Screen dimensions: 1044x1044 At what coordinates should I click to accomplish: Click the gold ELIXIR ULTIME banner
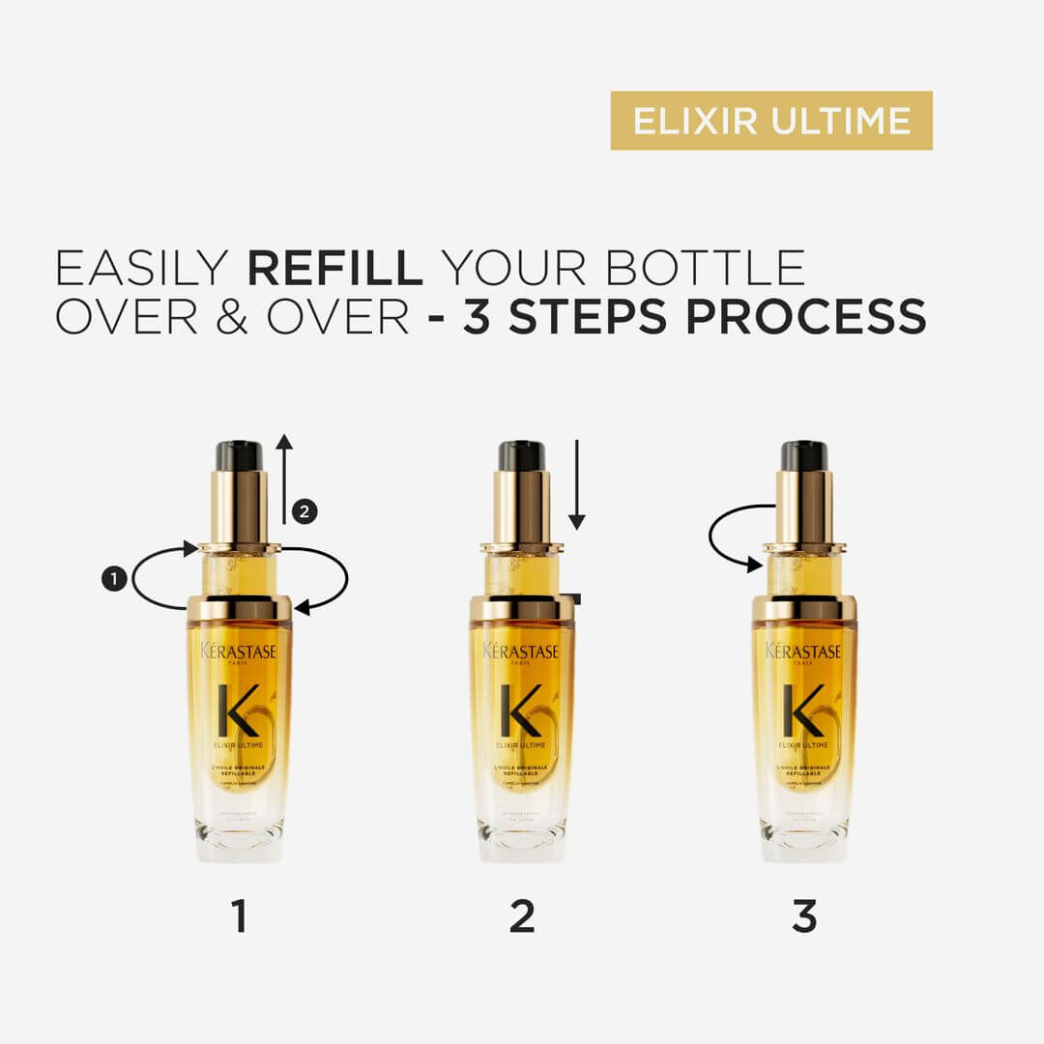tap(771, 121)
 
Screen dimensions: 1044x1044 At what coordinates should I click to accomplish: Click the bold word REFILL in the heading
tap(335, 268)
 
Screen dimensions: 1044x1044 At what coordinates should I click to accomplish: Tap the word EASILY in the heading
tap(143, 268)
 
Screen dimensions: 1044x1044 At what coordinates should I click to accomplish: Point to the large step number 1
tap(240, 916)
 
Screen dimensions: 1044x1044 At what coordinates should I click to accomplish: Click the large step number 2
tap(522, 916)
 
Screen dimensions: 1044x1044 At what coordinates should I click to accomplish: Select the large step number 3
tap(804, 916)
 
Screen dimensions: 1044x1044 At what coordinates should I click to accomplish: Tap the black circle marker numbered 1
tap(114, 579)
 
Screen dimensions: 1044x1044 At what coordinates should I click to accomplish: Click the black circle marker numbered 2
tap(304, 512)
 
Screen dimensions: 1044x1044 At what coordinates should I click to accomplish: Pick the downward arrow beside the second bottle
tap(577, 483)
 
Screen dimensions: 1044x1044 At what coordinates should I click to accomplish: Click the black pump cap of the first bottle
tap(239, 455)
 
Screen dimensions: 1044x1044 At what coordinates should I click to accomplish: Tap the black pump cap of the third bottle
tap(804, 455)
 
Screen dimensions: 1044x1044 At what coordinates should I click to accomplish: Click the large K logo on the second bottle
tap(520, 710)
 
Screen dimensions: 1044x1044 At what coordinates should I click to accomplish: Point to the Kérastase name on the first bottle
tap(239, 652)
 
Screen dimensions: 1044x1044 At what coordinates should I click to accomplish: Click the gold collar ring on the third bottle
tap(804, 607)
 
